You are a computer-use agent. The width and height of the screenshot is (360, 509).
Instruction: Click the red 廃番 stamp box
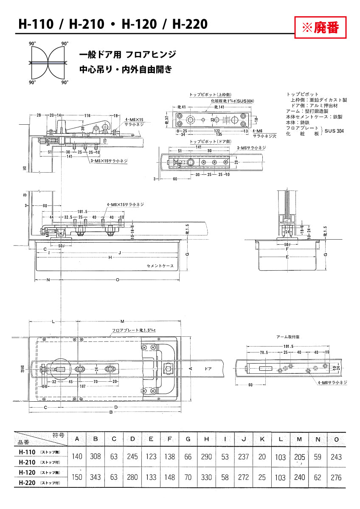[x=320, y=28]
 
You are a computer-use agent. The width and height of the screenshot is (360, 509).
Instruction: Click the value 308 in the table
[x=96, y=457]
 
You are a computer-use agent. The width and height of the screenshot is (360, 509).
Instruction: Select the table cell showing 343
[x=96, y=477]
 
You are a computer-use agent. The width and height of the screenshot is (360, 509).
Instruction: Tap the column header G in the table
[x=188, y=439]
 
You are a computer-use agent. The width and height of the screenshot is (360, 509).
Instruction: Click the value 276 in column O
[x=336, y=477]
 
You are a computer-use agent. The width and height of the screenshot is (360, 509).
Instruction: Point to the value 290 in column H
[x=206, y=457]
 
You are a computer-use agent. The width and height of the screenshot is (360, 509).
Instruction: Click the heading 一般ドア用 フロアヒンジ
[x=128, y=55]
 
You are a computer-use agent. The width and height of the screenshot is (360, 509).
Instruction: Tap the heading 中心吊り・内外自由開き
[x=126, y=70]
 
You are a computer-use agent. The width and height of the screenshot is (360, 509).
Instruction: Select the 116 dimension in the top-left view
[x=87, y=115]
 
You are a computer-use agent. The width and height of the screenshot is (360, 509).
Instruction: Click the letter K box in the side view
[x=61, y=233]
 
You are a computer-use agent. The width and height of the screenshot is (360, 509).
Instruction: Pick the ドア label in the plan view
[x=208, y=369]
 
